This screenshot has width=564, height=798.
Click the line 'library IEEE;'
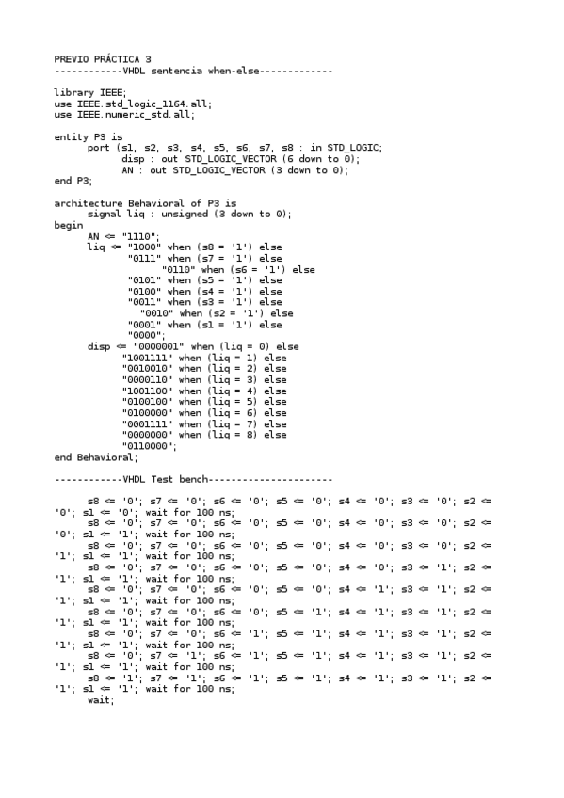point(84,93)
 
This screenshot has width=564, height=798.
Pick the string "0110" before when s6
point(179,269)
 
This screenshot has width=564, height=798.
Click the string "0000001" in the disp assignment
point(153,346)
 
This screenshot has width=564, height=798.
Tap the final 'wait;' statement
point(101,700)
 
